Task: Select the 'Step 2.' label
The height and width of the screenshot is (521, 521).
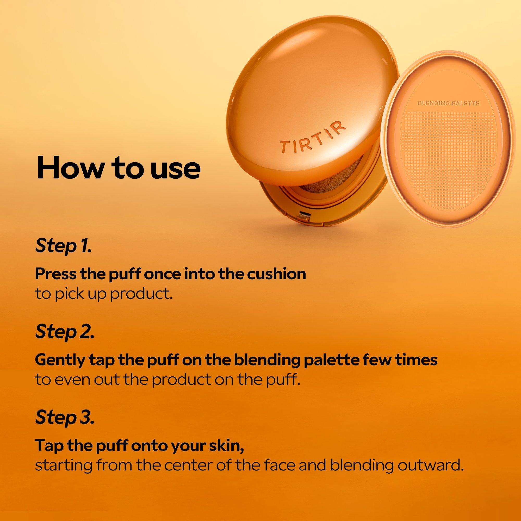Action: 65,332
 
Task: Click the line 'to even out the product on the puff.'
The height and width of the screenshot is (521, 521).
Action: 168,380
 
